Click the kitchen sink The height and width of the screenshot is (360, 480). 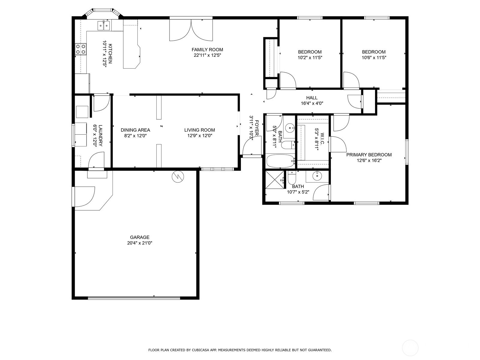(x=104, y=25)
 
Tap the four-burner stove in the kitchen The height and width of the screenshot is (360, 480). (x=81, y=49)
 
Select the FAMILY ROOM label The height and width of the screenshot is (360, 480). (x=207, y=49)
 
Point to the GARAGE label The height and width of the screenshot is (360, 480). (x=140, y=237)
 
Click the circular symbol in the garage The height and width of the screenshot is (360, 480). (x=178, y=177)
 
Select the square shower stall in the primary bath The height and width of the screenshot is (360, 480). (x=275, y=180)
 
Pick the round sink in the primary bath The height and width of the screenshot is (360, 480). (x=317, y=175)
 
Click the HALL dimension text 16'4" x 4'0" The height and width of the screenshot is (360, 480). (x=312, y=103)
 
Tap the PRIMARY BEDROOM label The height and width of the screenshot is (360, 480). (x=369, y=155)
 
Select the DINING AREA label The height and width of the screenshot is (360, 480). (x=135, y=130)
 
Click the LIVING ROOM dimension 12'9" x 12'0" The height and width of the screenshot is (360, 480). (x=200, y=136)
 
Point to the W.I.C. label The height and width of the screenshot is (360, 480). (x=322, y=139)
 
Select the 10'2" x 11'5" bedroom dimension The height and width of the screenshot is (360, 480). (x=310, y=58)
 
